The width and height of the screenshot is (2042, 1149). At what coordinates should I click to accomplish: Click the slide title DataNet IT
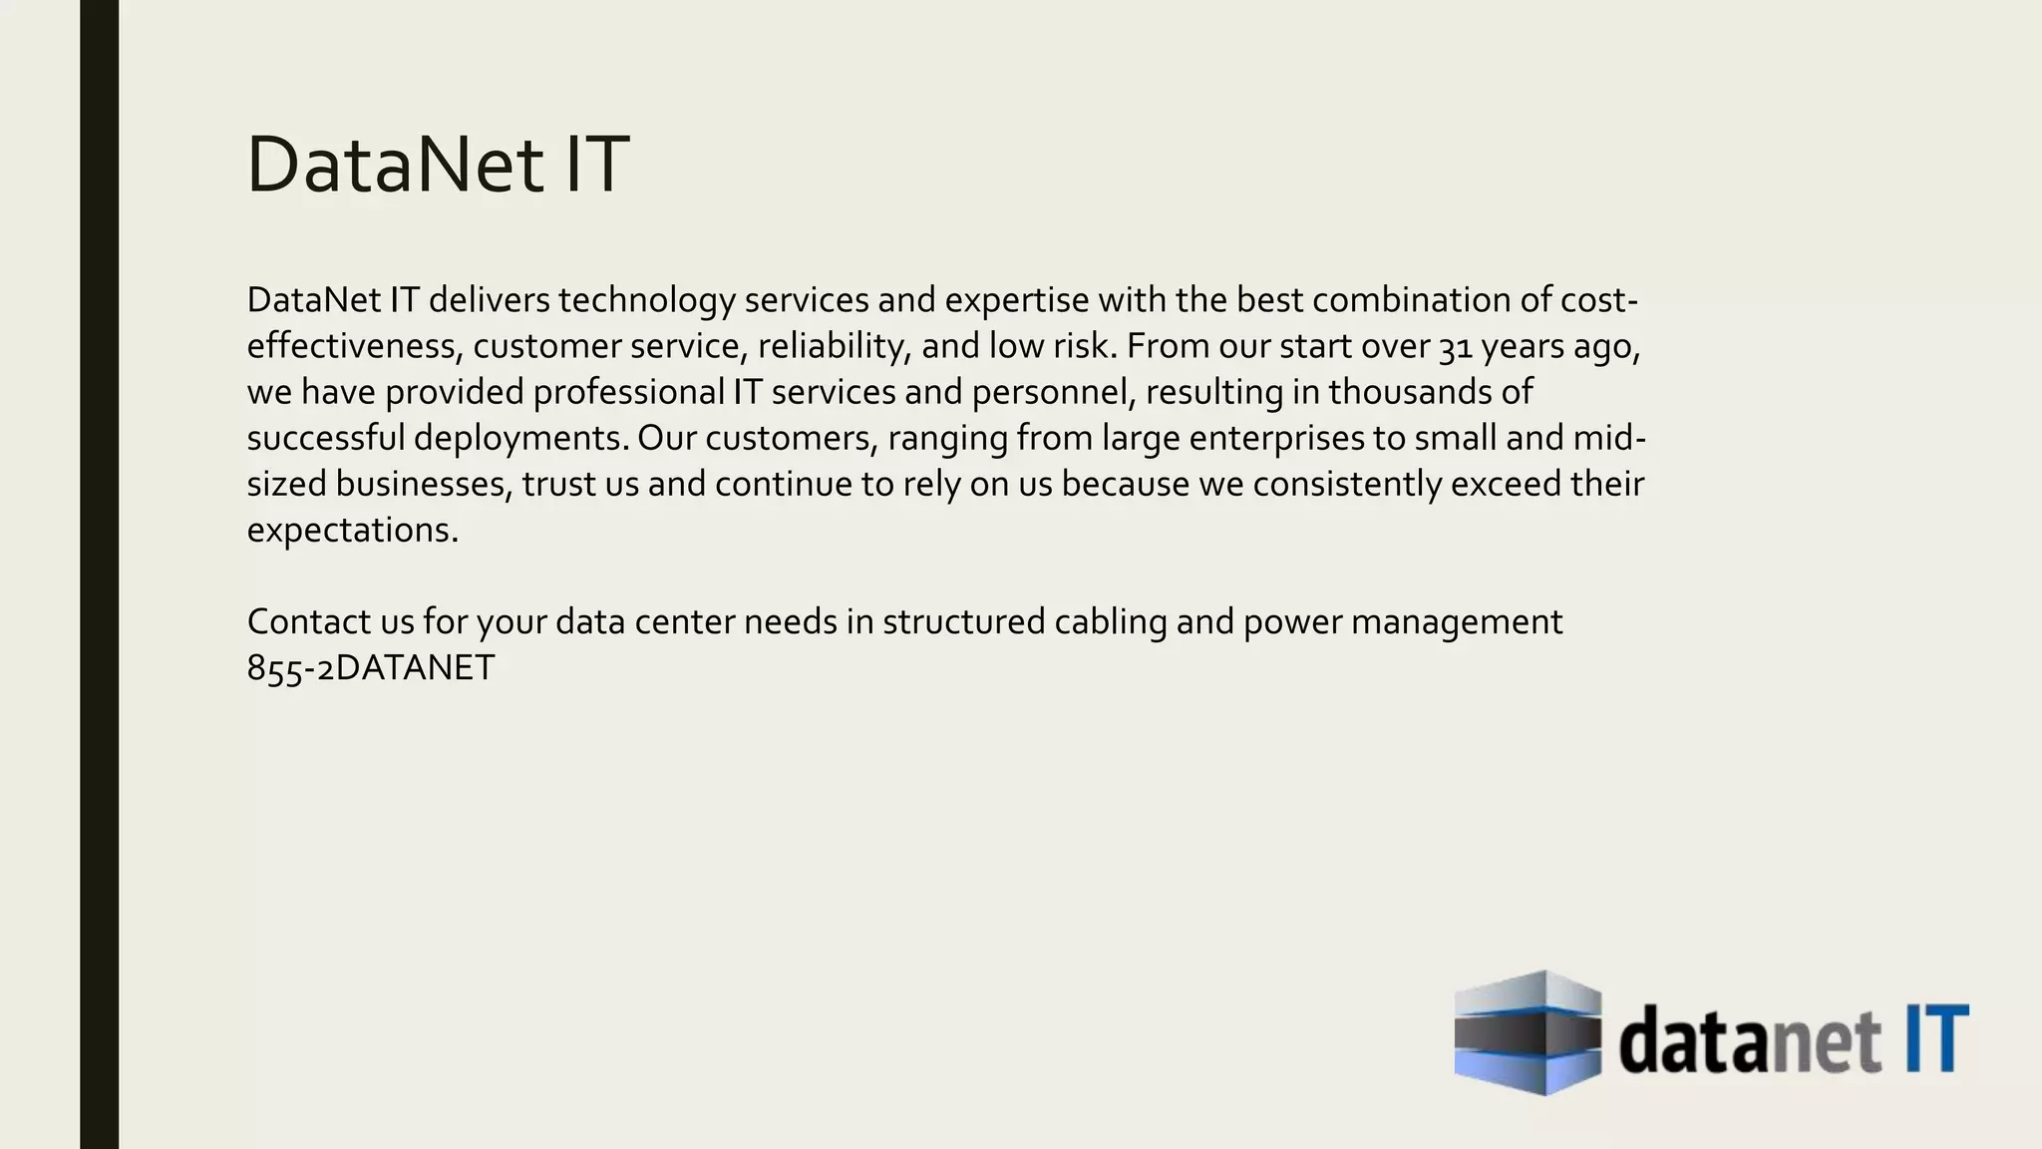[437, 164]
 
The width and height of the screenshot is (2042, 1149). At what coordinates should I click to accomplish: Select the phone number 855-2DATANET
[370, 668]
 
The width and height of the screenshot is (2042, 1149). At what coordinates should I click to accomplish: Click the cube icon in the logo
[1528, 1032]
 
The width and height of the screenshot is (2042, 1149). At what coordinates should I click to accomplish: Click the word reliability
[834, 346]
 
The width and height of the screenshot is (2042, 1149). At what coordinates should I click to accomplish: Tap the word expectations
[352, 530]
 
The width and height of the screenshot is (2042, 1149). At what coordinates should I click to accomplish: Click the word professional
[628, 392]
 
